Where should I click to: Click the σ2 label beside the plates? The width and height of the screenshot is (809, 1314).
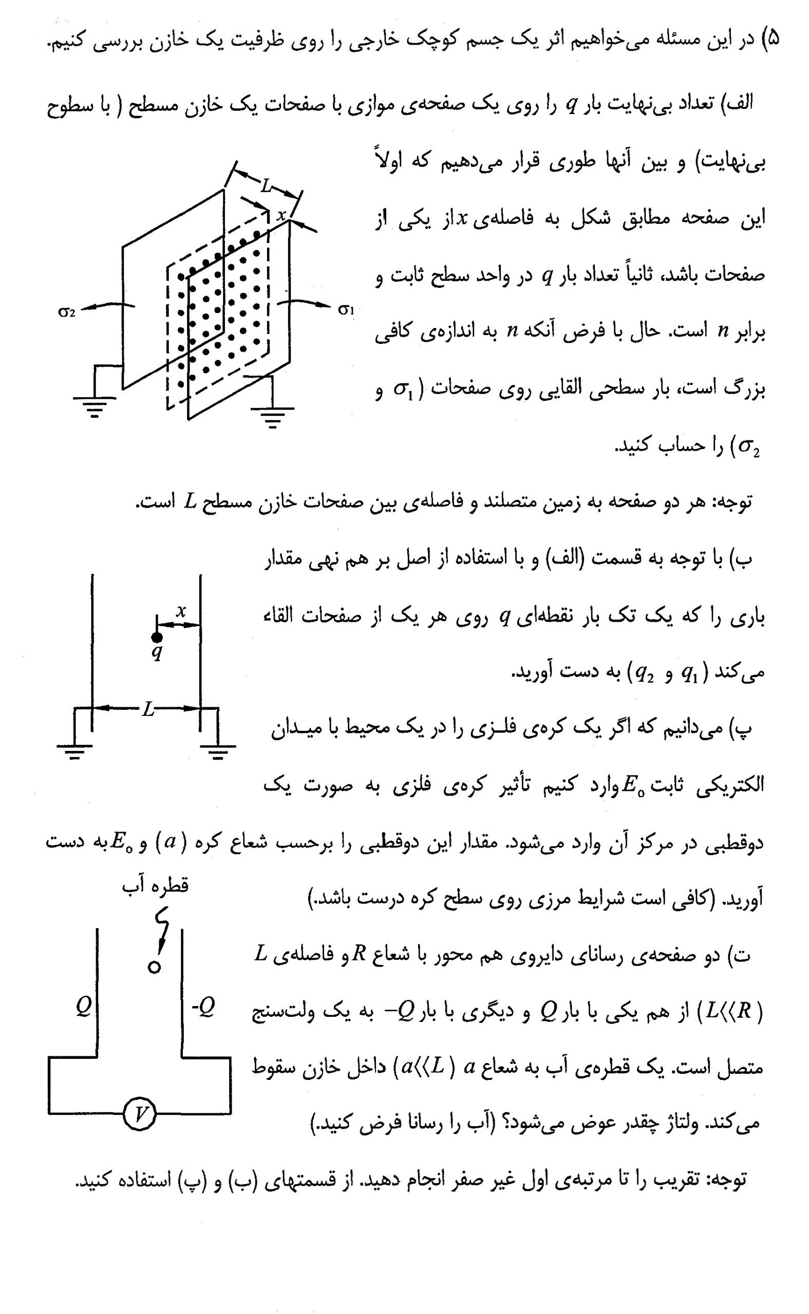point(66,311)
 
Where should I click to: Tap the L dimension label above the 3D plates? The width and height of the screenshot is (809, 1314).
point(267,186)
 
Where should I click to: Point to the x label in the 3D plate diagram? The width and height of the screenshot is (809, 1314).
point(281,215)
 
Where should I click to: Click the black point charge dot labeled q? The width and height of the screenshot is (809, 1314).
point(157,636)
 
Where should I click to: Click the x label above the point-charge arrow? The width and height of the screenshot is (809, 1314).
point(181,611)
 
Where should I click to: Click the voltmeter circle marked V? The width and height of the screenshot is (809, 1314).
point(140,1114)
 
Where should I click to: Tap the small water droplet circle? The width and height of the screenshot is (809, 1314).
point(155,967)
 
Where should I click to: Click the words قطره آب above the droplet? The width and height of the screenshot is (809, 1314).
point(155,886)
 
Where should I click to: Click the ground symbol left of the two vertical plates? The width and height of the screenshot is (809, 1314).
point(75,750)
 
